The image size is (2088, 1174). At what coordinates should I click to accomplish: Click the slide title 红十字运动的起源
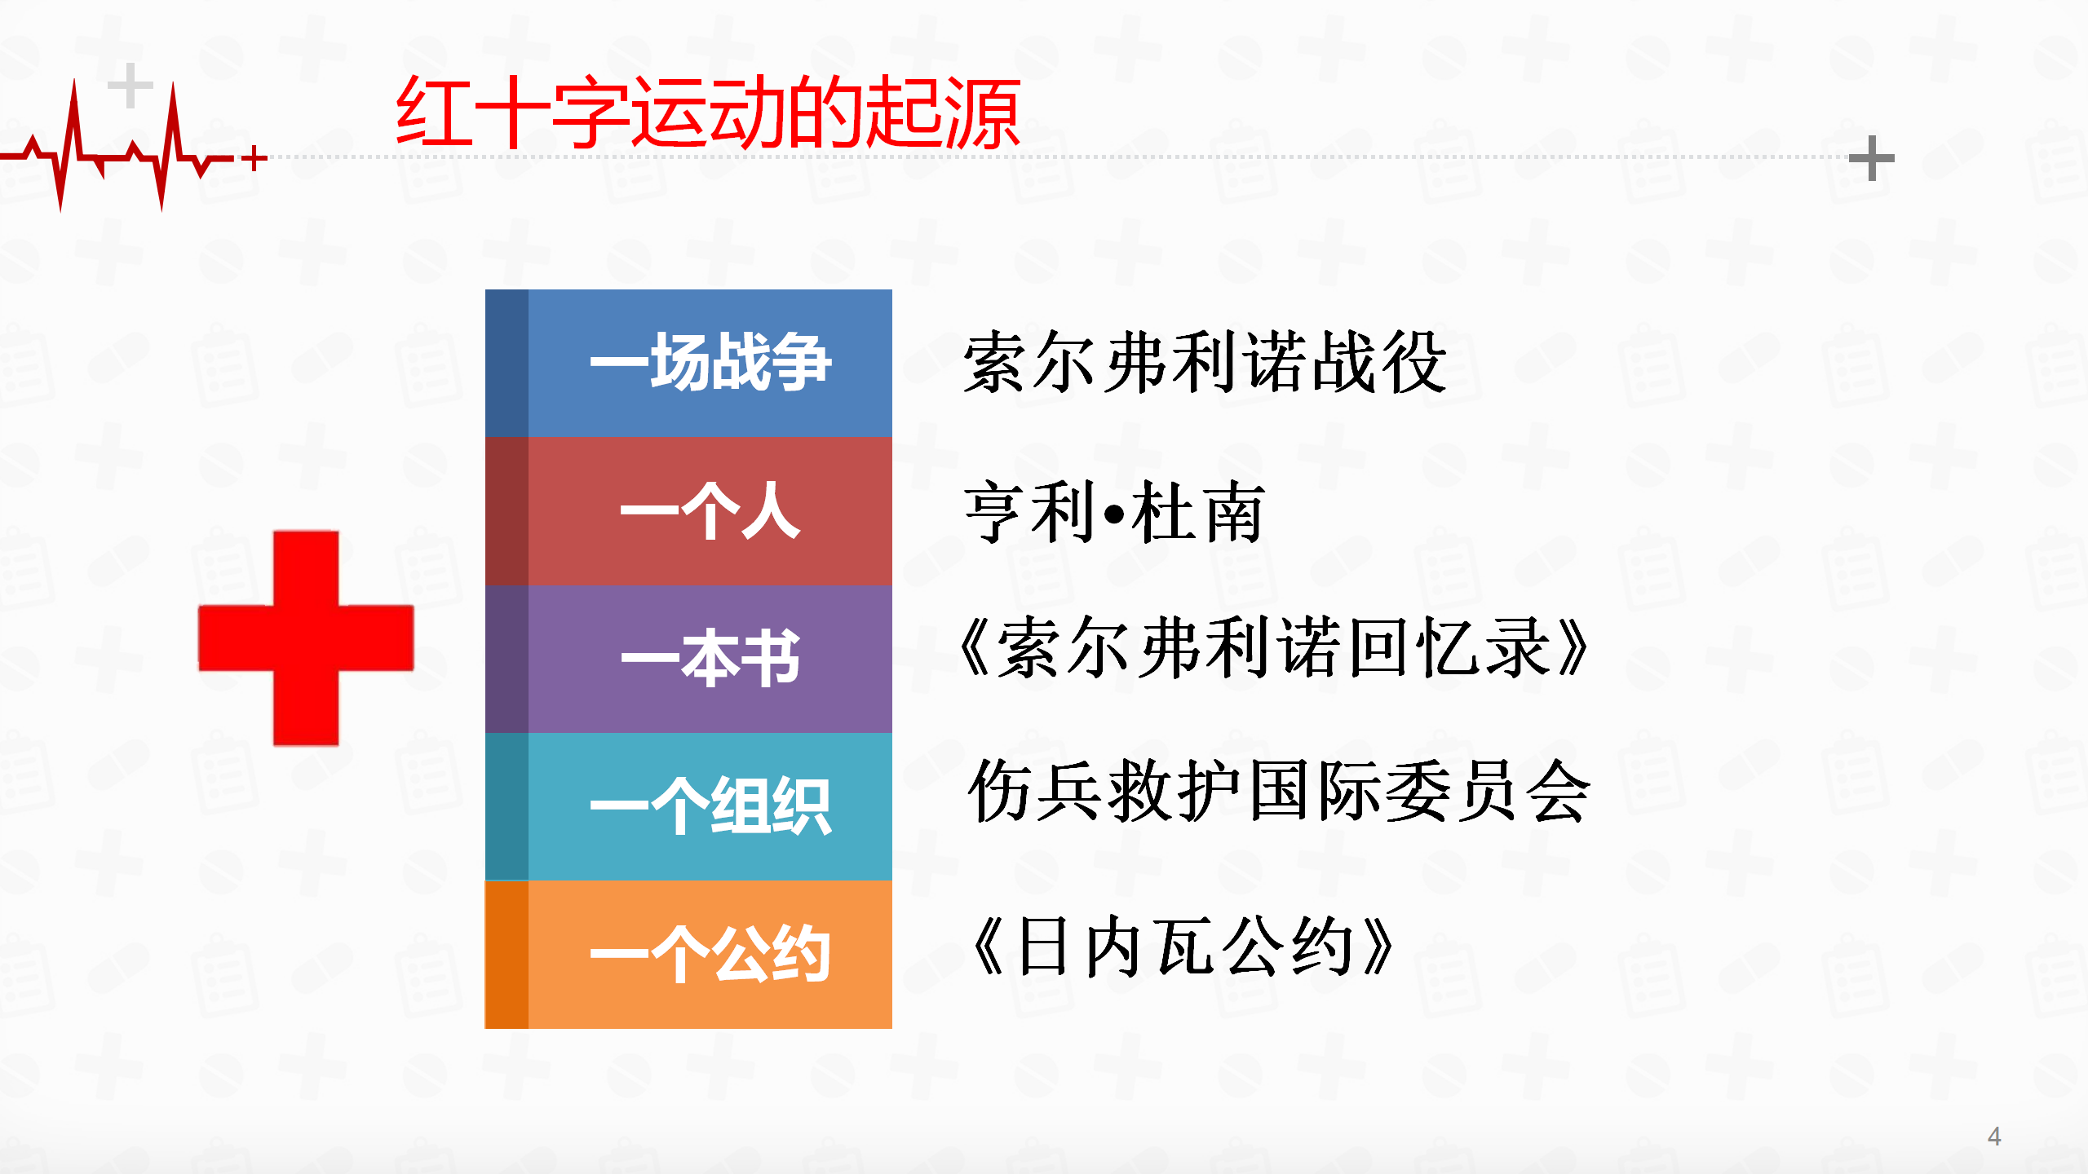click(708, 113)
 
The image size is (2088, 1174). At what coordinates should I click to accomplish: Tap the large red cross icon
click(306, 638)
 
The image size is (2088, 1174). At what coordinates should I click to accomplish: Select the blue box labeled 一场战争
click(688, 363)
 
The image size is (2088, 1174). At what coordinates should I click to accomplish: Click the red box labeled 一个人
click(688, 511)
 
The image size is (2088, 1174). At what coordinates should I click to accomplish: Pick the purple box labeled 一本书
click(688, 659)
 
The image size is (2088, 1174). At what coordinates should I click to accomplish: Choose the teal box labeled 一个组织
click(688, 806)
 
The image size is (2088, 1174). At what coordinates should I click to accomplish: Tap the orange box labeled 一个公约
click(688, 955)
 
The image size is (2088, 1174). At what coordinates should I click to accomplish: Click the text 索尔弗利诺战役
click(1205, 363)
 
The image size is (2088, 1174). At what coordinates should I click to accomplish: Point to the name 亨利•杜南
click(1114, 512)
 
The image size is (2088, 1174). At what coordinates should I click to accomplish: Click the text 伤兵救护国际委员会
click(1279, 791)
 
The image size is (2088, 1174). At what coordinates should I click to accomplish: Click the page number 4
click(1994, 1136)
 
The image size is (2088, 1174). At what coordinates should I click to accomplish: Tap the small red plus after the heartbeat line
click(255, 158)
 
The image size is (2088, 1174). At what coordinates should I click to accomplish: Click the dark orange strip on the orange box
click(507, 955)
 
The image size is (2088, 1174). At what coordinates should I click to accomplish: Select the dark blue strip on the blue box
click(507, 363)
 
